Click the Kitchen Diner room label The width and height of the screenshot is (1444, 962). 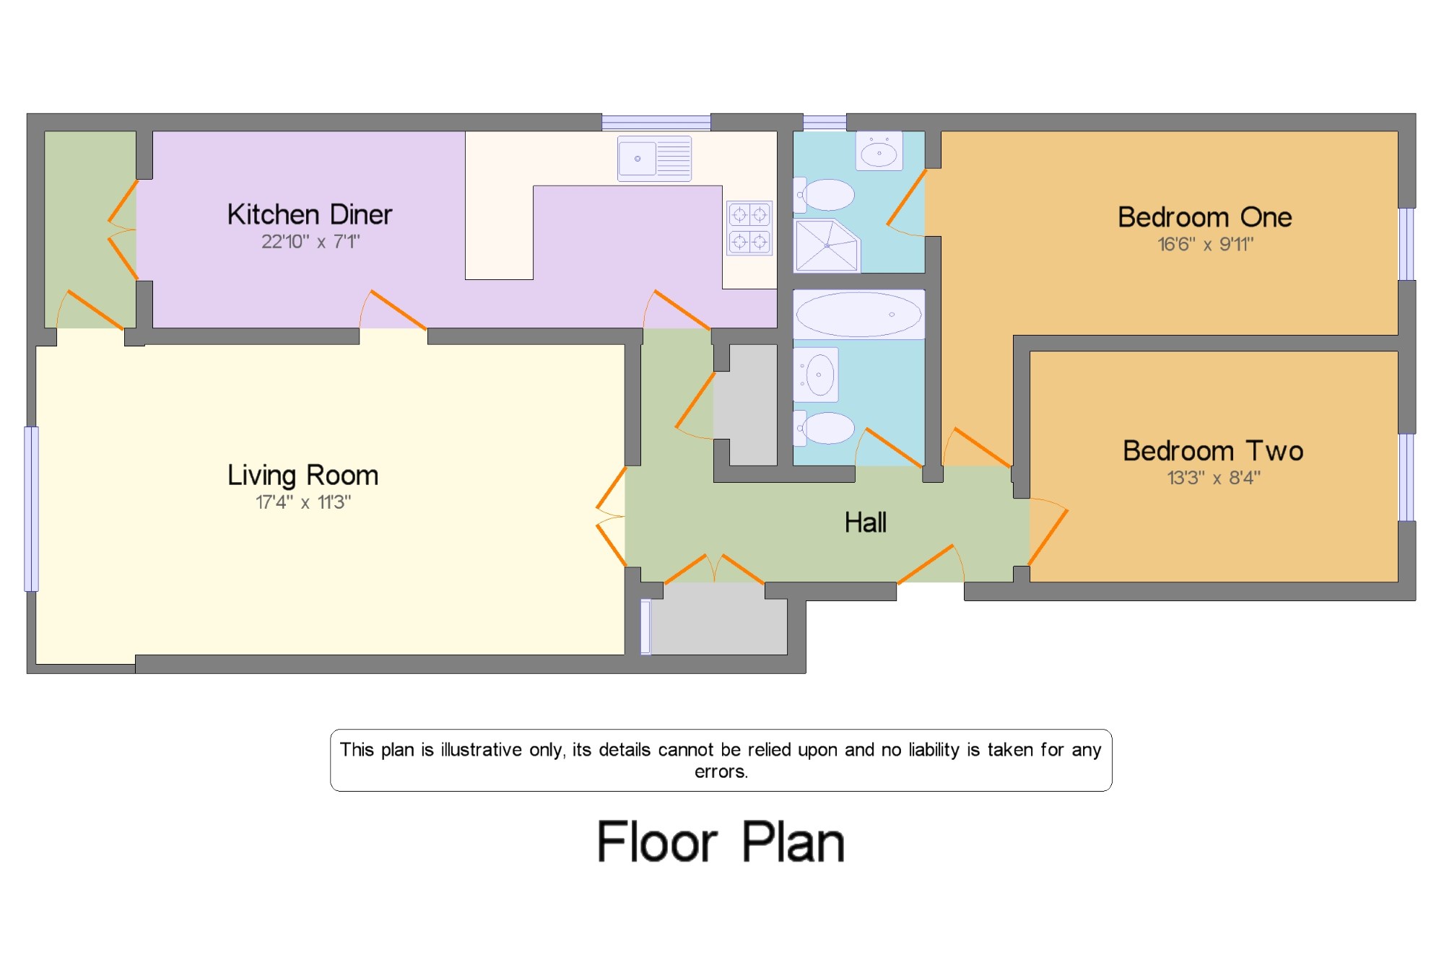click(310, 214)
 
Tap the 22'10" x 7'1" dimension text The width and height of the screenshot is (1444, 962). click(310, 242)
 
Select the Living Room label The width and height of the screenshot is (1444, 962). click(303, 476)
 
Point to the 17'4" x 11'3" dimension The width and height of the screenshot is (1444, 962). click(303, 502)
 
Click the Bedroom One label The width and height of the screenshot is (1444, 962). click(1205, 217)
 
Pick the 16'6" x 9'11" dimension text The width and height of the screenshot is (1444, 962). click(1206, 244)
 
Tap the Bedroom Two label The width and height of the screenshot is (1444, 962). click(1213, 451)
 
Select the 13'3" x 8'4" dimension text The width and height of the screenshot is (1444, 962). click(1214, 478)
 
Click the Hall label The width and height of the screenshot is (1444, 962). click(866, 522)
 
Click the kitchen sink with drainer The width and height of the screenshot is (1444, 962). click(654, 158)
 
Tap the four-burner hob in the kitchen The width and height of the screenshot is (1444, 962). click(749, 228)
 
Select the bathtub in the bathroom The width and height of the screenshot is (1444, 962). click(859, 315)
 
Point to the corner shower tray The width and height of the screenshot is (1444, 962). click(827, 245)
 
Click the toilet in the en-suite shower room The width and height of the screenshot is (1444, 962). click(824, 195)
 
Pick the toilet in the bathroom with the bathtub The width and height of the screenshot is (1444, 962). click(824, 428)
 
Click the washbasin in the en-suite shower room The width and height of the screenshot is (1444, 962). click(879, 151)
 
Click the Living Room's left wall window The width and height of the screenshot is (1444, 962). click(31, 510)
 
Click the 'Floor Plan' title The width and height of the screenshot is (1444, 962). click(721, 841)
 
